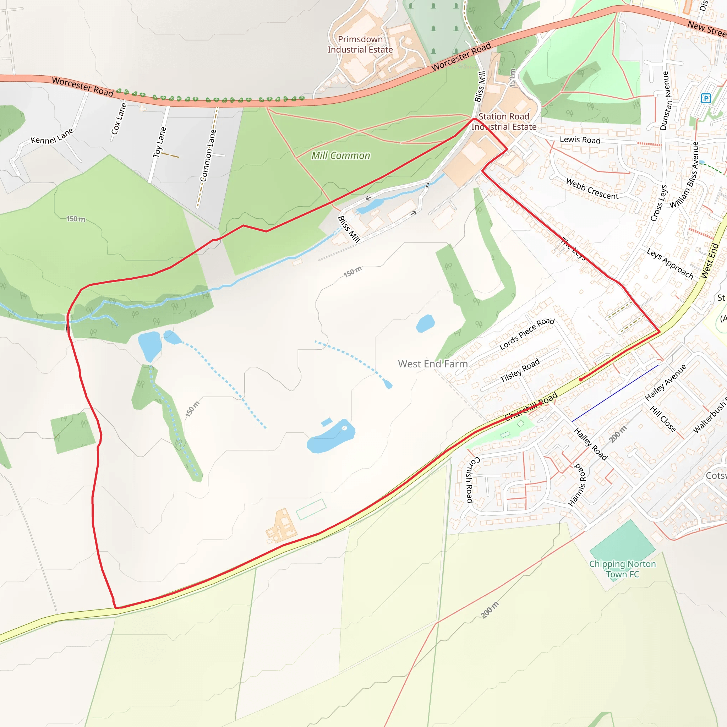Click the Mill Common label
[x=340, y=155]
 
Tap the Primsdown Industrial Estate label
[x=360, y=44]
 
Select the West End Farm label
[x=433, y=364]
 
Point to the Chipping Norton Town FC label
[x=622, y=569]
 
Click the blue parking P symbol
[x=706, y=99]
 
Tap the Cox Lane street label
[x=119, y=119]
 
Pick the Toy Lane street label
[x=159, y=142]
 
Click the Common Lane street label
[x=208, y=155]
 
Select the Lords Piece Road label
[x=527, y=333]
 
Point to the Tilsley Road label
[x=520, y=370]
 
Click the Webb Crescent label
[x=592, y=189]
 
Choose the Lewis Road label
[x=580, y=140]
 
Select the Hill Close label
[x=663, y=419]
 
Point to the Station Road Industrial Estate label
[x=504, y=121]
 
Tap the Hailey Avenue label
[x=665, y=382]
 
